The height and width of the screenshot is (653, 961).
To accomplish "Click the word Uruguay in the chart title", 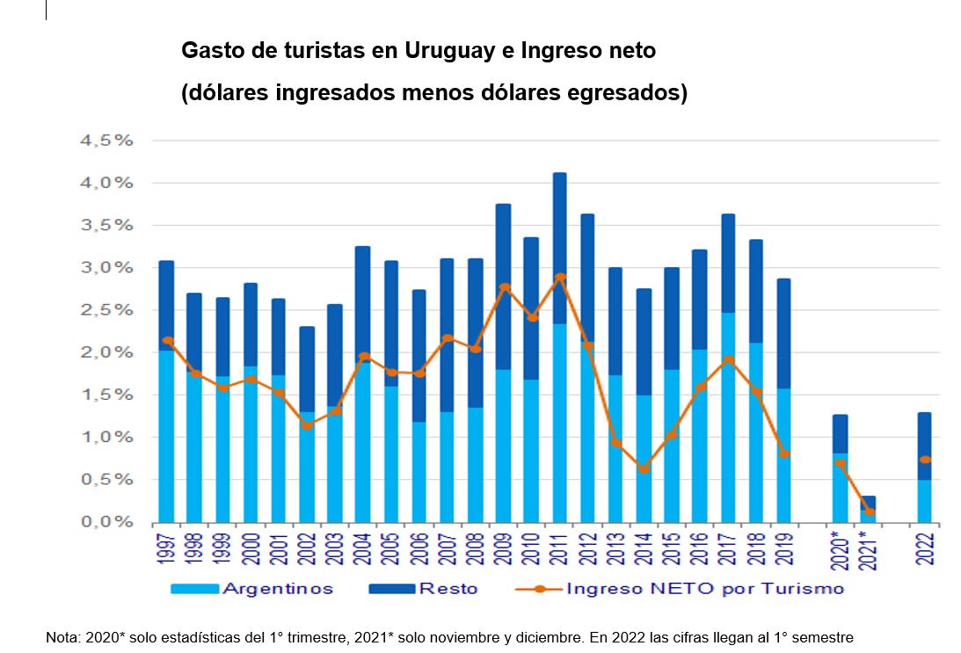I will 448,51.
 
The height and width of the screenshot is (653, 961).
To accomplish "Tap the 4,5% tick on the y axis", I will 106,141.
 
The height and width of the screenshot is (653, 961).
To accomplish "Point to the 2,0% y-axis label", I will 106,352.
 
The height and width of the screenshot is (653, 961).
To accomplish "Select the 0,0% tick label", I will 106,522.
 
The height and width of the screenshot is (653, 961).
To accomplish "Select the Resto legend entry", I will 448,589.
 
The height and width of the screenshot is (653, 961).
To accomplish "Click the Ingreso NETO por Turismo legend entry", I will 703,589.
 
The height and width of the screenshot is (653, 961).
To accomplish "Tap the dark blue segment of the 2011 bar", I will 560,246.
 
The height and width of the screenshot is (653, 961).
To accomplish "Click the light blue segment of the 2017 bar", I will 729,439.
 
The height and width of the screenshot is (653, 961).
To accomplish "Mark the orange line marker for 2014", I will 644,469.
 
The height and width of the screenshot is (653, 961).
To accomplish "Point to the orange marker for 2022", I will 925,460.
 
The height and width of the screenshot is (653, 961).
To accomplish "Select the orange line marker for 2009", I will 504,287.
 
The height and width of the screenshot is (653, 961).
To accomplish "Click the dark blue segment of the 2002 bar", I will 308,369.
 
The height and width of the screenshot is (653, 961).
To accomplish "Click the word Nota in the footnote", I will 62,637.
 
